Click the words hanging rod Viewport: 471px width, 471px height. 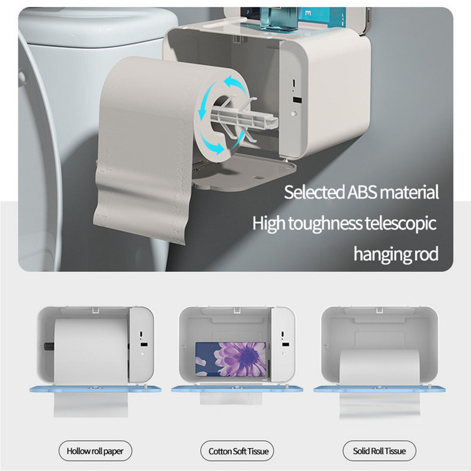coord(396,254)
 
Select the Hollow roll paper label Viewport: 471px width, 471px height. coord(95,451)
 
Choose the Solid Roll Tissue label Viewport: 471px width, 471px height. coord(379,451)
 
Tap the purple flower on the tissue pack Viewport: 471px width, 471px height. coord(240,359)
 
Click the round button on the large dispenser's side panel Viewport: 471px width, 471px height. coord(294,114)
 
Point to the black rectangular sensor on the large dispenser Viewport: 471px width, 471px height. coord(297,100)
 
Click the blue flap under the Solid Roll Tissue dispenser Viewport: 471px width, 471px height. coord(379,389)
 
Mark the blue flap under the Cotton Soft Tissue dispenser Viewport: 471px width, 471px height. coord(237,389)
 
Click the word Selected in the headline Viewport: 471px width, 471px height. coord(314,192)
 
